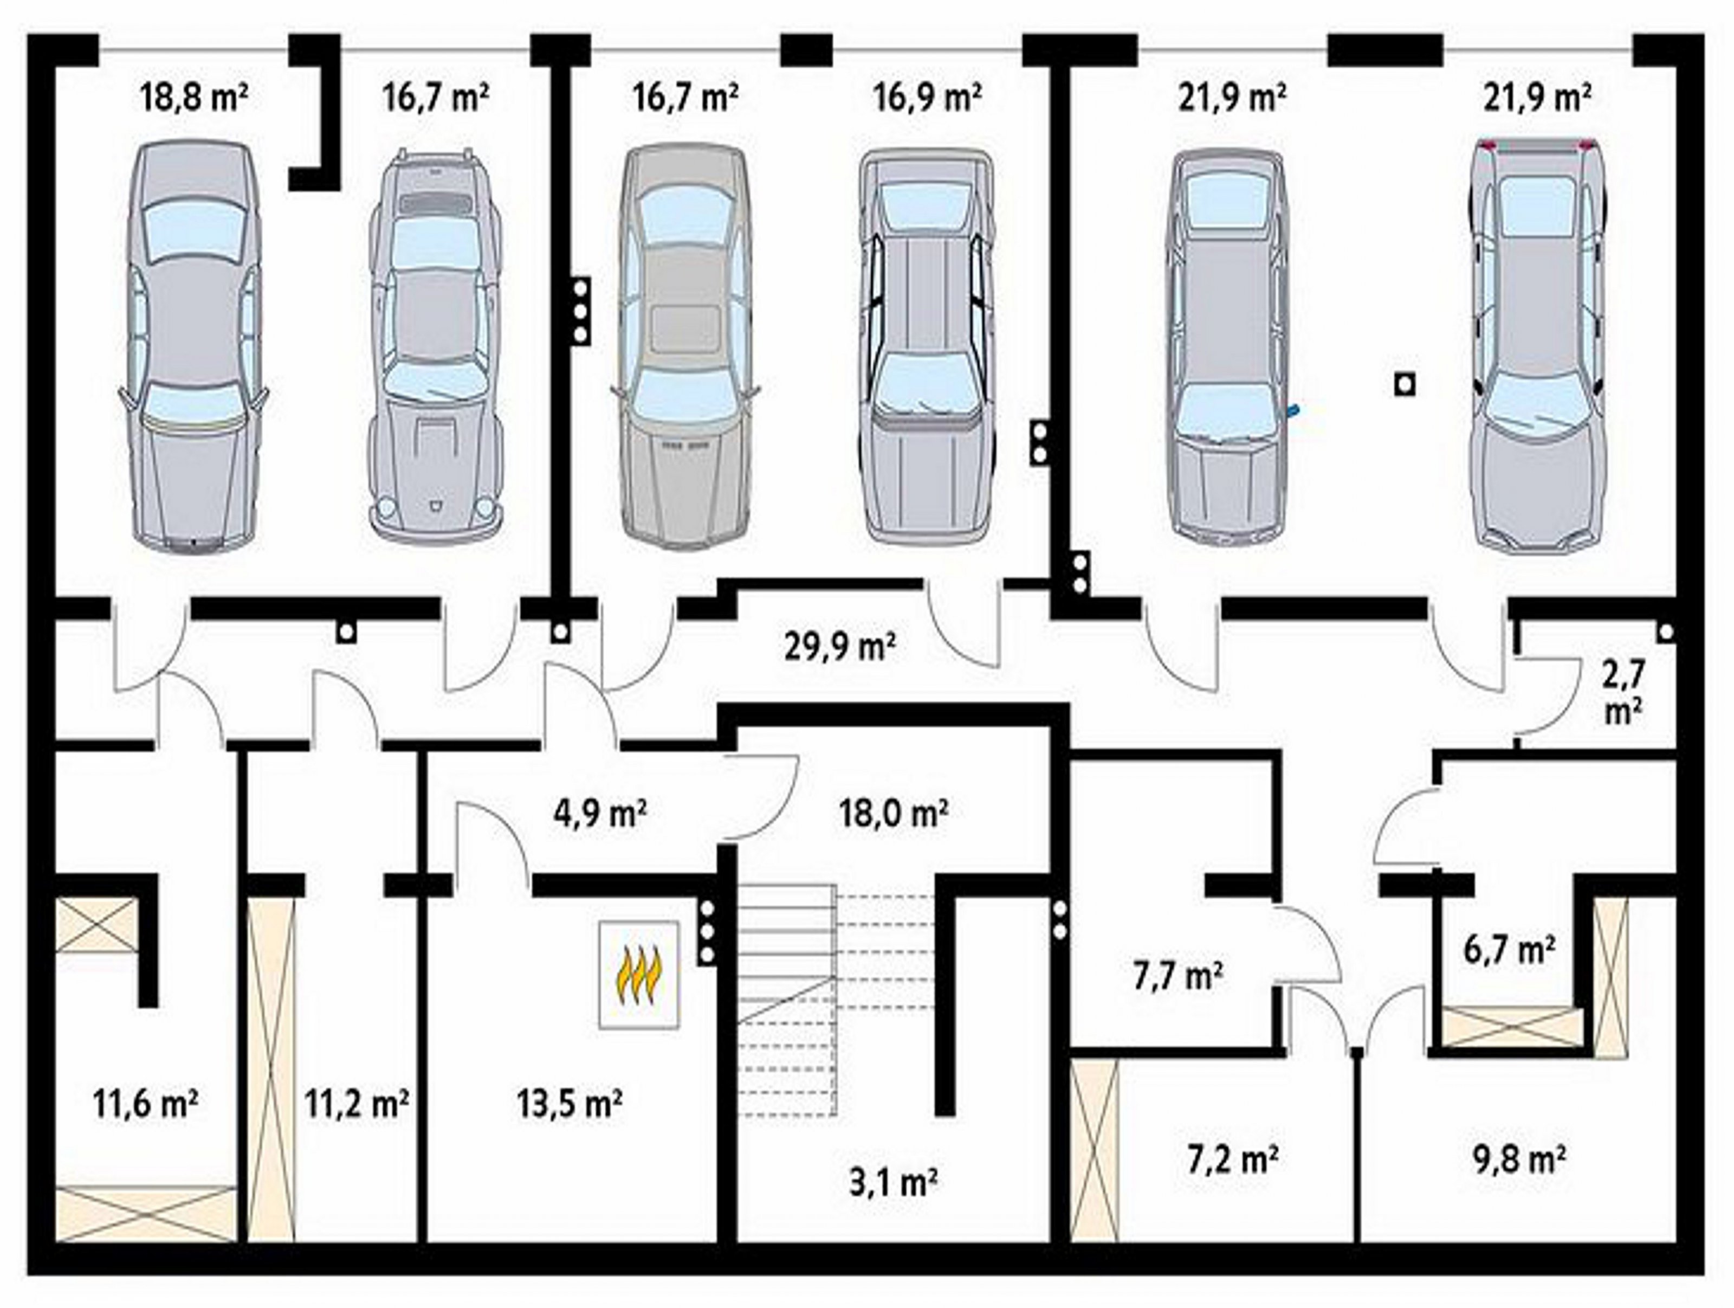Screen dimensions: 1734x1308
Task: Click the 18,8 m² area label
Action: [x=195, y=99]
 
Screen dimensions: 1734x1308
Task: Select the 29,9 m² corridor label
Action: [x=839, y=648]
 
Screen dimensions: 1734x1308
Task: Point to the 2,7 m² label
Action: [x=1623, y=692]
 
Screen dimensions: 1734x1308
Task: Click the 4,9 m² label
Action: [x=600, y=813]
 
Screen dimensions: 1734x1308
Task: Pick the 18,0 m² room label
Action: [x=894, y=813]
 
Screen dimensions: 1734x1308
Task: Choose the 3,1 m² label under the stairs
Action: [x=894, y=1183]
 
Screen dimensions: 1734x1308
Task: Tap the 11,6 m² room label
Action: [x=145, y=1104]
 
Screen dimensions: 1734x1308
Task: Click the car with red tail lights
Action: [x=1537, y=345]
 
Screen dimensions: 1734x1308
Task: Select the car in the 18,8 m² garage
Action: [x=193, y=346]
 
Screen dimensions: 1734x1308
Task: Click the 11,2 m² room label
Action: [x=357, y=1104]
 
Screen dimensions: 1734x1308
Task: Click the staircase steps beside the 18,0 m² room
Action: [x=836, y=999]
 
